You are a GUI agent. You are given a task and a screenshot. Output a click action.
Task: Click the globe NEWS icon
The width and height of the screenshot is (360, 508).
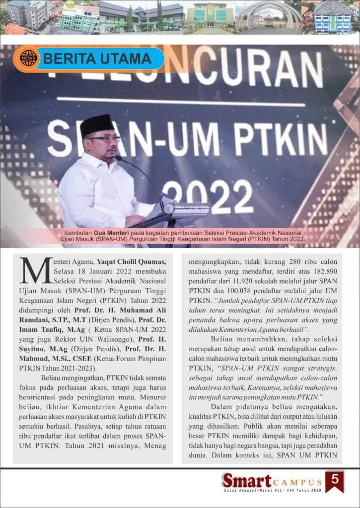point(29,59)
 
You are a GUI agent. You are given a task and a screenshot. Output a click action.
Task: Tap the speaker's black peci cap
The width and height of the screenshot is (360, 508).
point(97,125)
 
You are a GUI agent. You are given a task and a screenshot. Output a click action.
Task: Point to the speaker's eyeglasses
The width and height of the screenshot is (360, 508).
point(104,139)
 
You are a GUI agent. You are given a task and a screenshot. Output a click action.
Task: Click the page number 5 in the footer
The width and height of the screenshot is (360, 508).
point(335,480)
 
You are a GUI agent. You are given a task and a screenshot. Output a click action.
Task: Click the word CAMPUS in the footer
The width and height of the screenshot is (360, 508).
point(297,482)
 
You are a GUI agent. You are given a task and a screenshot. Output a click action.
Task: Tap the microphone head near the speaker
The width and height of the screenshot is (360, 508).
point(119,159)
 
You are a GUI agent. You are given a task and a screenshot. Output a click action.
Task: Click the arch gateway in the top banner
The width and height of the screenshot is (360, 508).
point(268,15)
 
